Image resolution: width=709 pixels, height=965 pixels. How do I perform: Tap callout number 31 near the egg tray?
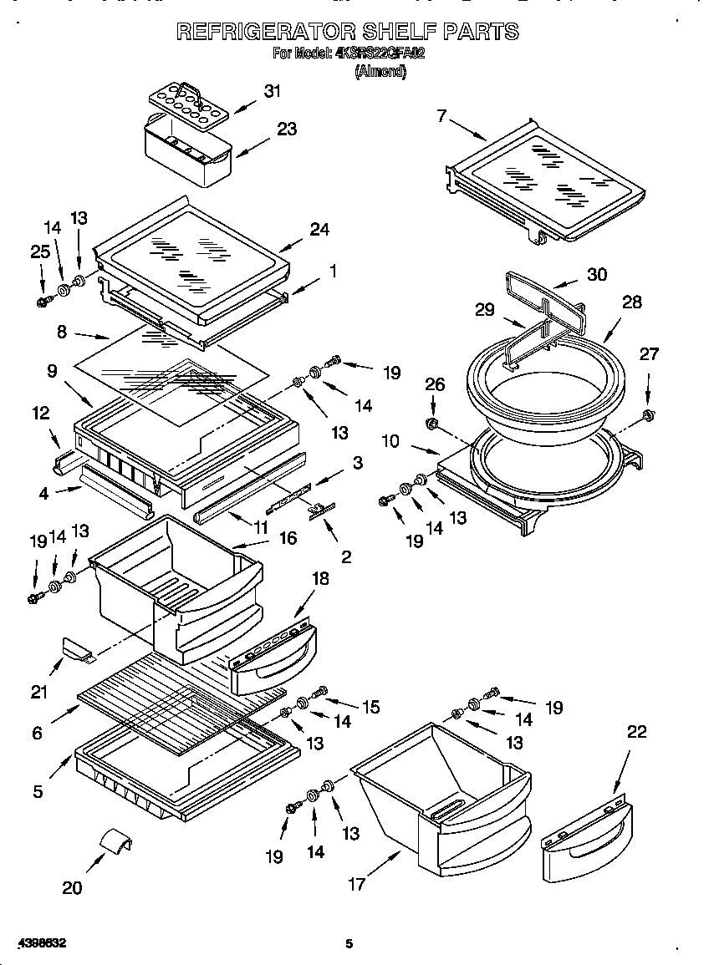click(x=272, y=91)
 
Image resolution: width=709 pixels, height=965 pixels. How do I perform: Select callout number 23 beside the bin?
click(x=287, y=130)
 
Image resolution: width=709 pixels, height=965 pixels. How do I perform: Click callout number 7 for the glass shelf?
click(x=441, y=115)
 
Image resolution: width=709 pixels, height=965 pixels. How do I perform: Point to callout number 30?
click(x=596, y=275)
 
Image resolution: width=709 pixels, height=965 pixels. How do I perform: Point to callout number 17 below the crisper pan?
click(x=357, y=884)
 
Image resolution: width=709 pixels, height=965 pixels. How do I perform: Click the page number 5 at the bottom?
click(x=349, y=943)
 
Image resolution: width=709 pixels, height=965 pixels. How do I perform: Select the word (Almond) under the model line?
click(x=380, y=72)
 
